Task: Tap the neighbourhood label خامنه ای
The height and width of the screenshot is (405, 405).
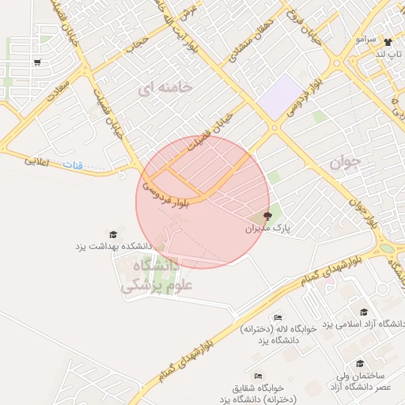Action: [165, 89]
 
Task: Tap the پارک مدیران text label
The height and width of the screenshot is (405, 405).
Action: [267, 228]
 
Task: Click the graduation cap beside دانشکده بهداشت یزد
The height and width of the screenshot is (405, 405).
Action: [113, 234]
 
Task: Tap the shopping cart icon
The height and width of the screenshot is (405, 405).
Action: [37, 62]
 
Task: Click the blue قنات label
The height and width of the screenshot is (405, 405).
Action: [72, 165]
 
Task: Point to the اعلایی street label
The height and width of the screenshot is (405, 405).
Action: [36, 161]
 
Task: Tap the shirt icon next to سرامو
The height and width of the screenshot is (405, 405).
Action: [387, 42]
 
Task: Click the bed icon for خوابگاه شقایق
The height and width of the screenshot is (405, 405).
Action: [257, 376]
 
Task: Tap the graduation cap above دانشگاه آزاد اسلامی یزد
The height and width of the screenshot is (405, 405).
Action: [364, 312]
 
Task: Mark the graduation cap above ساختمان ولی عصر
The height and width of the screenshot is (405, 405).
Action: [360, 364]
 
